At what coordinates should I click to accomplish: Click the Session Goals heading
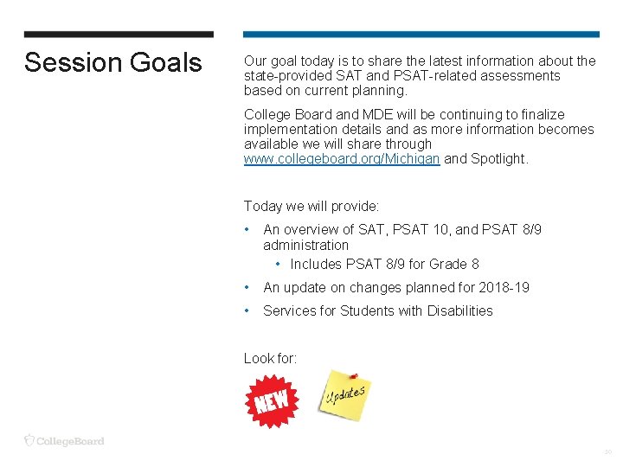tap(112, 63)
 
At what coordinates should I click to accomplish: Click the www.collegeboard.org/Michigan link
tap(342, 159)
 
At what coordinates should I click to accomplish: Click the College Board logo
tap(64, 441)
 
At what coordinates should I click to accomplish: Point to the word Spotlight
tap(498, 159)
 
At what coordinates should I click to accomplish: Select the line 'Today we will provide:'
tap(311, 206)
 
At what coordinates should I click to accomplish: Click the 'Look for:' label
tap(270, 358)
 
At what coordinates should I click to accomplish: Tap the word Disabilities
tap(459, 310)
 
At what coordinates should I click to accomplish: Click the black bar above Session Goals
tap(119, 35)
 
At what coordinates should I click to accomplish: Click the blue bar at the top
tap(421, 35)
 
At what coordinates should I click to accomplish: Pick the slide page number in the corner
tap(607, 452)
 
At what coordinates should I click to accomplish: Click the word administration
tap(305, 245)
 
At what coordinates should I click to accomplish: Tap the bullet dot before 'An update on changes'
tap(247, 287)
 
